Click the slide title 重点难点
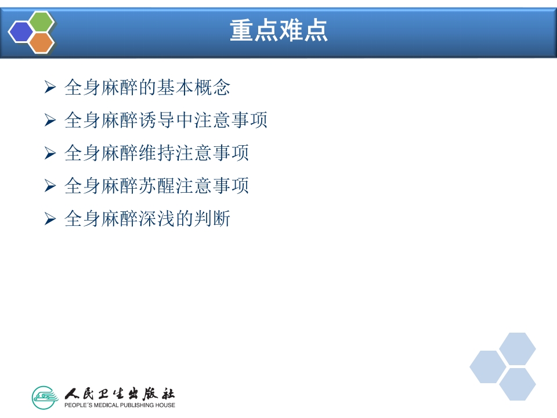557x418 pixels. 278,31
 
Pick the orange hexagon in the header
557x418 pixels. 41,43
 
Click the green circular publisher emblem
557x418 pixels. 45,398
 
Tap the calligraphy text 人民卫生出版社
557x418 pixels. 120,393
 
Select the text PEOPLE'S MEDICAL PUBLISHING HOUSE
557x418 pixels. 120,405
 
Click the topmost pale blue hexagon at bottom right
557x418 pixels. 518,349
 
